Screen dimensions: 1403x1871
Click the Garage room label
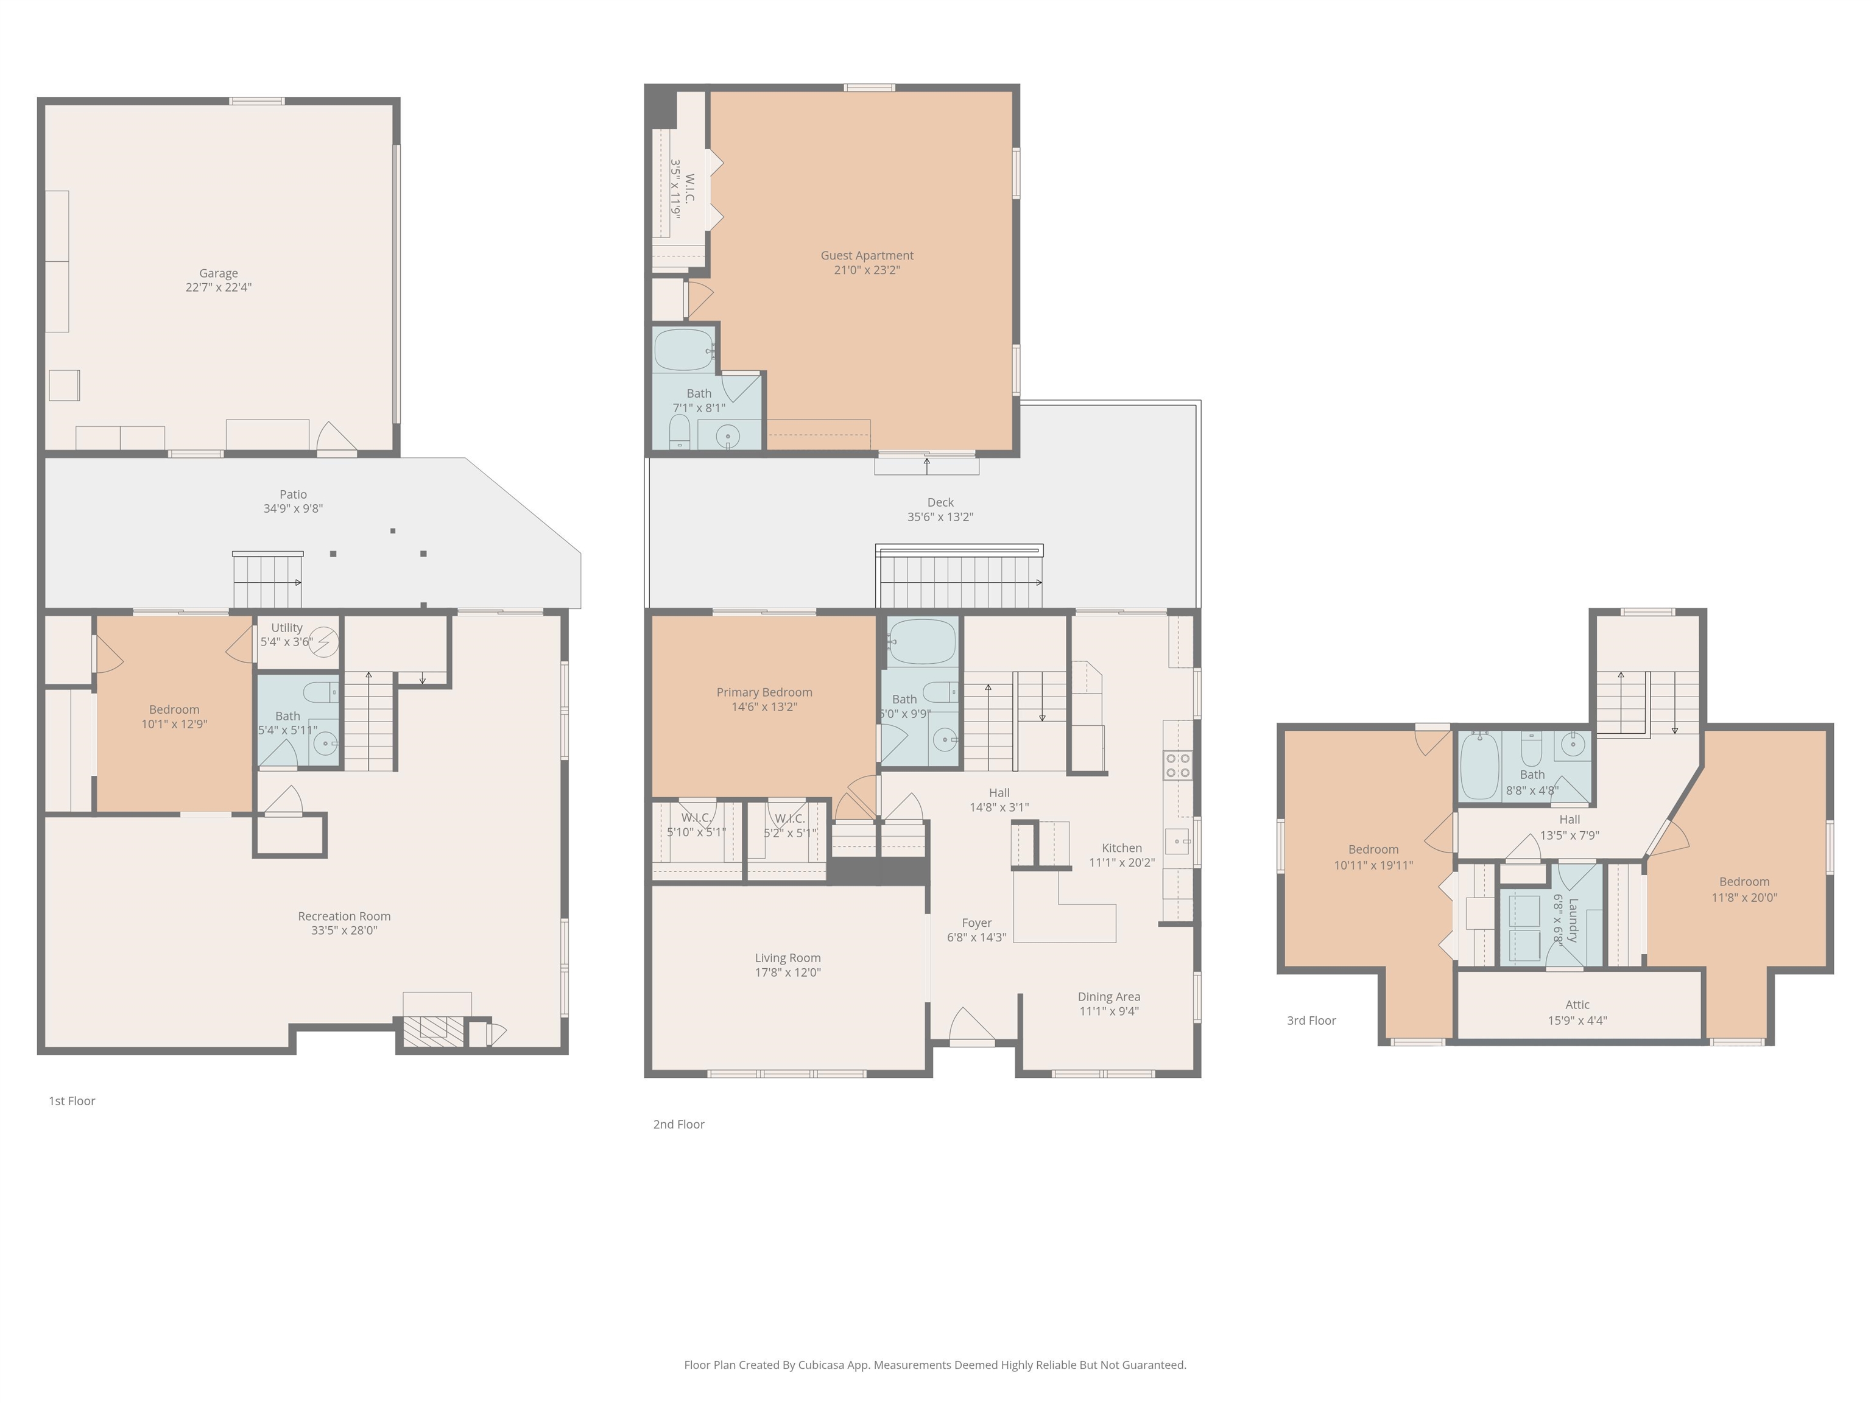click(x=218, y=273)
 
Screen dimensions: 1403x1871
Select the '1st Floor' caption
click(x=72, y=1101)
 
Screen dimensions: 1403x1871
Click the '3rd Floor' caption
click(x=1311, y=1021)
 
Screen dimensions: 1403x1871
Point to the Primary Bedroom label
click(x=764, y=692)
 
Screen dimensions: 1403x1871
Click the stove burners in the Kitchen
click(x=1177, y=765)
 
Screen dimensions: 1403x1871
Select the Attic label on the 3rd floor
click(x=1577, y=1005)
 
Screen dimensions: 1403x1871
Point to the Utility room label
click(x=287, y=627)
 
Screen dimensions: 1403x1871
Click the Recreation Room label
click(x=344, y=916)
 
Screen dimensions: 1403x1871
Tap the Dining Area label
click(x=1108, y=997)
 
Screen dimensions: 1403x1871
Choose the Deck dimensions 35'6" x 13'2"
click(x=940, y=517)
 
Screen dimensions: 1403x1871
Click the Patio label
click(x=293, y=494)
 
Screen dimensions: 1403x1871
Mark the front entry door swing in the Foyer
click(x=970, y=1026)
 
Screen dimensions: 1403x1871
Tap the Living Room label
click(x=788, y=958)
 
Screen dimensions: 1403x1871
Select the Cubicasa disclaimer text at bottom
click(x=935, y=1364)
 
